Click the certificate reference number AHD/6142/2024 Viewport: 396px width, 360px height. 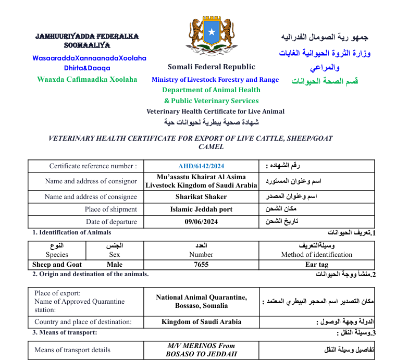tap(201, 166)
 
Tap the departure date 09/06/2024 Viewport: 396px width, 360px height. tap(201, 222)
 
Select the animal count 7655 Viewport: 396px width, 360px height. tap(201, 264)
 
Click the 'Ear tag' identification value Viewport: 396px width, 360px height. tap(316, 264)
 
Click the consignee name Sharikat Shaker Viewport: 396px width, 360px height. tap(201, 197)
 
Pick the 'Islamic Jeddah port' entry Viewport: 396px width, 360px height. tap(201, 209)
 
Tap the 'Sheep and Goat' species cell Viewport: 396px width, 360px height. tap(57, 264)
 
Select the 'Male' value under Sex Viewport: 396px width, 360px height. tap(115, 264)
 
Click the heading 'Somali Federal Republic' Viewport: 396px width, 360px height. tap(212, 67)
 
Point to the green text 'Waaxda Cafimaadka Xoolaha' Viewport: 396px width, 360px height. tap(87, 79)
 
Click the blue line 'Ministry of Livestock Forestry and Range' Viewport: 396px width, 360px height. tap(215, 80)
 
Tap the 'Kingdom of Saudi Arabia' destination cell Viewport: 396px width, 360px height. tap(201, 322)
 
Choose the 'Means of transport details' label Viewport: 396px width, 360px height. tap(72, 350)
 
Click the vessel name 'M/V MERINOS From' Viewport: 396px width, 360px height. tap(201, 345)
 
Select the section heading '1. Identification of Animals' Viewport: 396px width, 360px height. tap(71, 232)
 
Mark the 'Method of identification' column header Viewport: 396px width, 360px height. tap(316, 255)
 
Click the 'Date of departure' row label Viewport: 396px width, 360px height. tap(111, 222)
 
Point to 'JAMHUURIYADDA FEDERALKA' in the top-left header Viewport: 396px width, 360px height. tap(87, 36)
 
